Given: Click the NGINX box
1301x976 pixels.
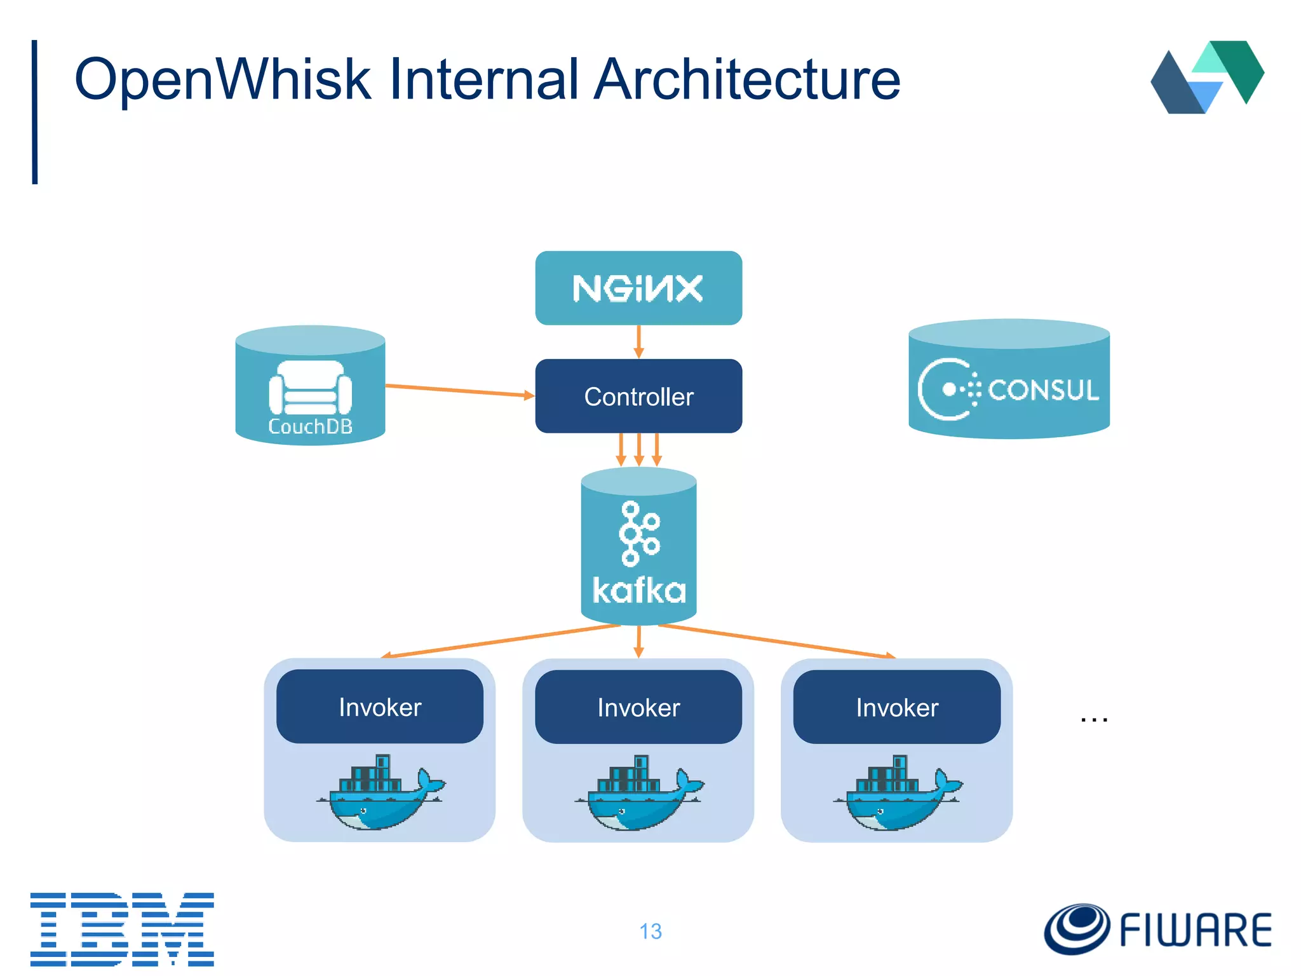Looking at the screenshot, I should point(638,288).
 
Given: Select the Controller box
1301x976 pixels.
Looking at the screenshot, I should point(638,396).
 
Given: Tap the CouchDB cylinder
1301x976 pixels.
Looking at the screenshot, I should point(310,388).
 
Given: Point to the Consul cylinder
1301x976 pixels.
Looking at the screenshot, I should point(1009,381).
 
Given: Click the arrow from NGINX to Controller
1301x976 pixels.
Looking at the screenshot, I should point(639,342).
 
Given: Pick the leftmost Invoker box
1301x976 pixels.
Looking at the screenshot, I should point(380,707).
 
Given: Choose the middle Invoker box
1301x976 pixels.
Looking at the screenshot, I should point(638,707).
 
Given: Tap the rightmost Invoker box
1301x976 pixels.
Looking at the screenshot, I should point(897,707).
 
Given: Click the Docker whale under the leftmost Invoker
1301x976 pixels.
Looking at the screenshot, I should point(380,794).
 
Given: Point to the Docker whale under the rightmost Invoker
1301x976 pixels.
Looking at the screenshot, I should point(897,794).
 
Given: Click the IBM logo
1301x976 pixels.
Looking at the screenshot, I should point(122,929).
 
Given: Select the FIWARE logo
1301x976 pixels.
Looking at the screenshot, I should point(1157,929).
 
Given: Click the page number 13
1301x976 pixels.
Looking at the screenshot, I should point(650,932).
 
